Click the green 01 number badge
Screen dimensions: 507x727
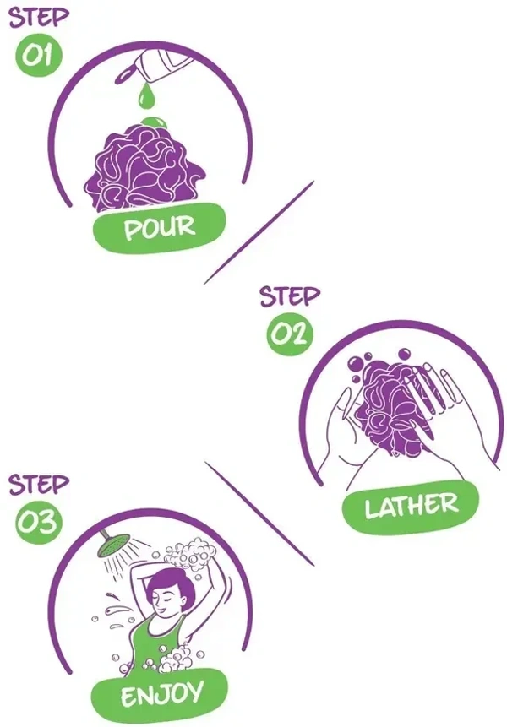click(39, 55)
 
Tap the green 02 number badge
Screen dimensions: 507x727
click(290, 333)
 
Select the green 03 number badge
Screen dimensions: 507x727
click(39, 521)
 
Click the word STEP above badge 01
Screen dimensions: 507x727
click(39, 17)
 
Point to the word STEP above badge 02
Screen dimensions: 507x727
click(290, 296)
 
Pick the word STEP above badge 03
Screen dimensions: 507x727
click(39, 484)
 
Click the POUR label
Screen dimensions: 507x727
click(160, 228)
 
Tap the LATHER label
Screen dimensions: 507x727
click(411, 507)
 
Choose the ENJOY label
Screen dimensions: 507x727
click(160, 695)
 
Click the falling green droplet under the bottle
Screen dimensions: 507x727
click(146, 95)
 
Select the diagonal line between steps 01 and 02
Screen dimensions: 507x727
click(259, 232)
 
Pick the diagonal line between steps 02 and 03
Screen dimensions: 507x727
click(259, 513)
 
